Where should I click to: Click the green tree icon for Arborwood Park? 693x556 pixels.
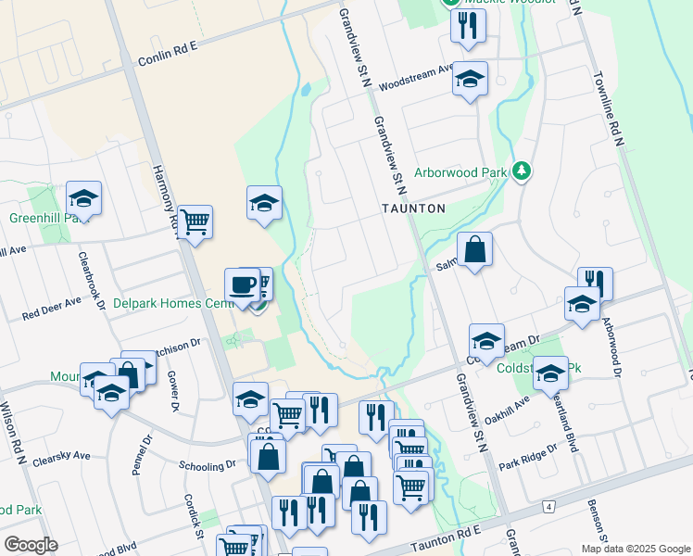point(522,171)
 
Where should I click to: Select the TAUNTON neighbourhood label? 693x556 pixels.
point(414,208)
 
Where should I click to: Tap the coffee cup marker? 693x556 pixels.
point(242,284)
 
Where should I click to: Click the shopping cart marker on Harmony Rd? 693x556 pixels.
point(195,221)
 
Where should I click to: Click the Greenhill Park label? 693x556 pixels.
point(41,219)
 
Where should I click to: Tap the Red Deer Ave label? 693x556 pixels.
point(54,309)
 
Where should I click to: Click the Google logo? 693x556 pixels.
point(31,544)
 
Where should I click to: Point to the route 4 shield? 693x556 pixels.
point(548,506)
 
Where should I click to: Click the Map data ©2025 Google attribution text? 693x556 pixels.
point(636,549)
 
